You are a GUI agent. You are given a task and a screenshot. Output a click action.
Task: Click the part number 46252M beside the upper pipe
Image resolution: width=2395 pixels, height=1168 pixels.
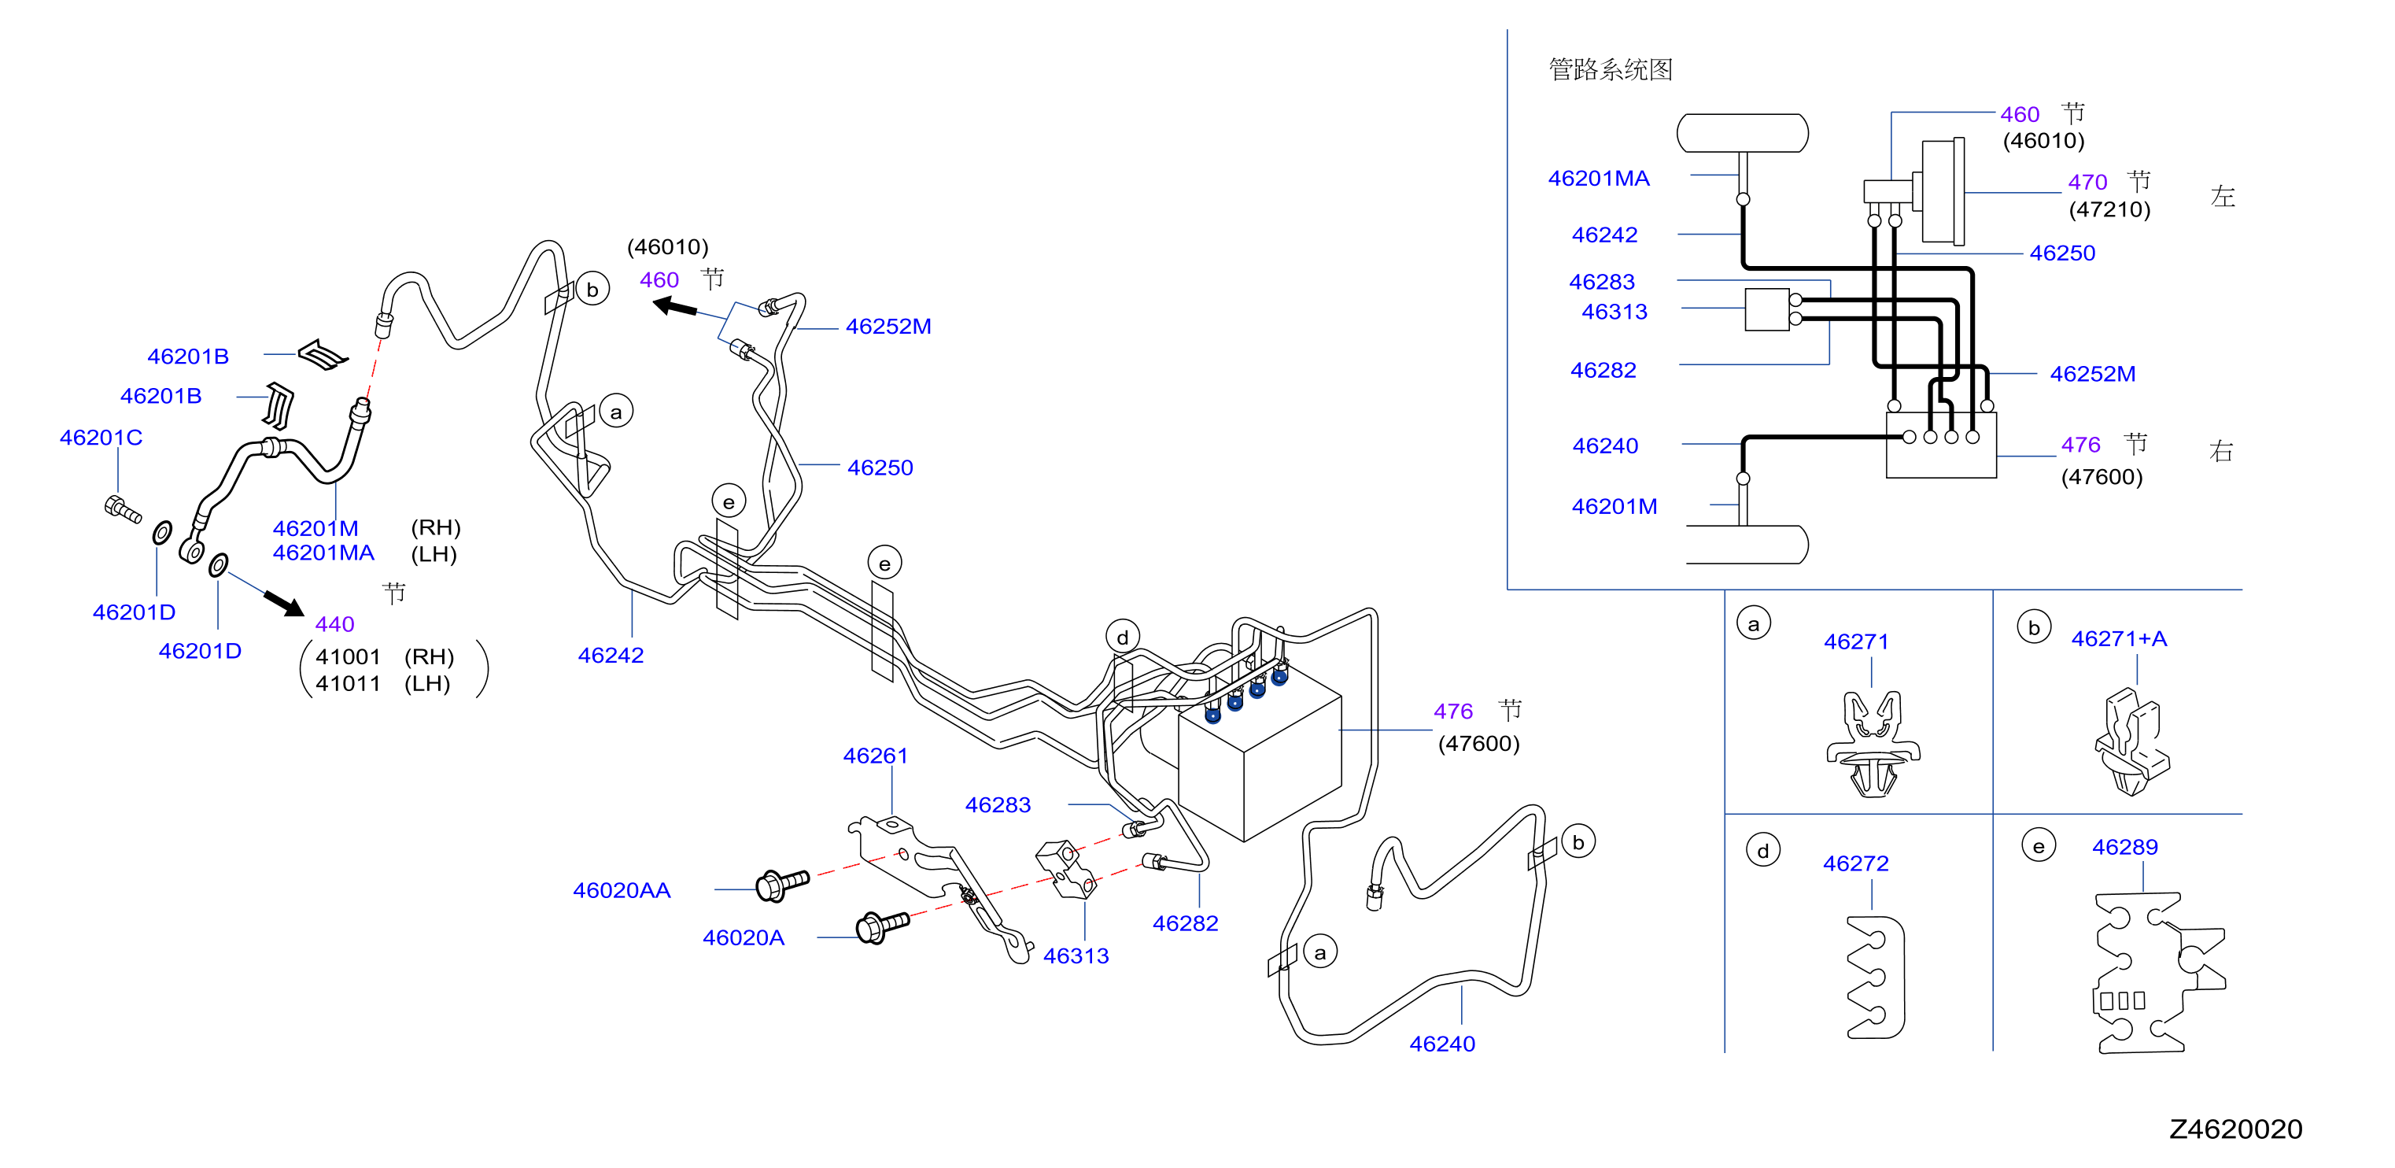888,327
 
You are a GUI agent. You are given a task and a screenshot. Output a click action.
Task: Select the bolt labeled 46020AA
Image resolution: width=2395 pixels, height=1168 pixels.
782,885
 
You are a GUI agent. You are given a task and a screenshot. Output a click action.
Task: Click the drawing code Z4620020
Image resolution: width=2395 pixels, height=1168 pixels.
2235,1129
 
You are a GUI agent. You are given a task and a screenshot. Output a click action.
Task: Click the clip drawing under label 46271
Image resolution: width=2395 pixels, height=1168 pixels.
1873,743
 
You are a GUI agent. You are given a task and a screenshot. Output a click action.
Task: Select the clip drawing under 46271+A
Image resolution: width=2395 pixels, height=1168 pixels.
2132,741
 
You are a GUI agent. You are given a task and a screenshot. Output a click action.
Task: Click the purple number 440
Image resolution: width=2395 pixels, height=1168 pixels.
334,624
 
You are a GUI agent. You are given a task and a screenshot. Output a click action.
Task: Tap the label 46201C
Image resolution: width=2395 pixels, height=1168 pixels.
101,437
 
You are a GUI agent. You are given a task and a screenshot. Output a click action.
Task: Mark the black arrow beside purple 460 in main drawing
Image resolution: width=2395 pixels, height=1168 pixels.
675,306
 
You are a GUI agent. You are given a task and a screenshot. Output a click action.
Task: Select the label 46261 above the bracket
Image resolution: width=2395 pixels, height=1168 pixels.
875,756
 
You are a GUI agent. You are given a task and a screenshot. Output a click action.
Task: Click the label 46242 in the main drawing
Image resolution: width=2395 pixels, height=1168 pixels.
610,656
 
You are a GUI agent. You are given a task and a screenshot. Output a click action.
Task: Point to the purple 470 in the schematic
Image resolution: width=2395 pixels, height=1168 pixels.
2087,183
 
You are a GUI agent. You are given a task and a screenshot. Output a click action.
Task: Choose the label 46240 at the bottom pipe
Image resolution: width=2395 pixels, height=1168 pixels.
1442,1044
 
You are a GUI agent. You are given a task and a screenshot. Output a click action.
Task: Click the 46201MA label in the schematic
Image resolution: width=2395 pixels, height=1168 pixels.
1598,179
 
